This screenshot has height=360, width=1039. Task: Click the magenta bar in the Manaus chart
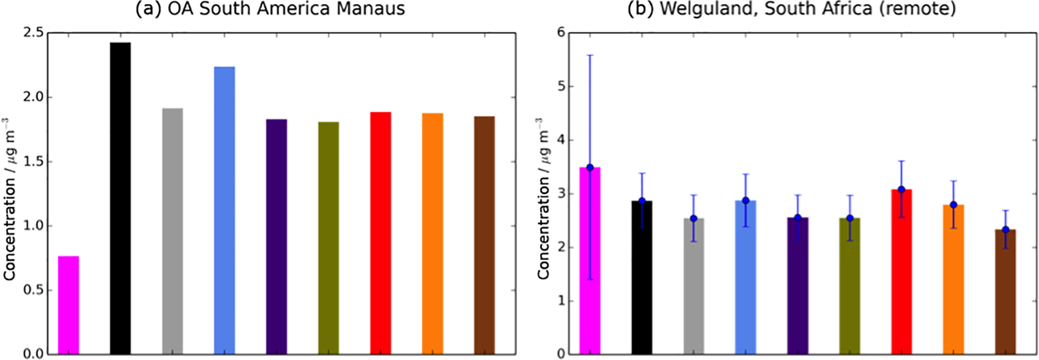coord(68,305)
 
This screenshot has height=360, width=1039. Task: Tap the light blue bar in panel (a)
coord(224,210)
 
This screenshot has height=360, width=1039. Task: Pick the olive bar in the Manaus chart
coord(328,238)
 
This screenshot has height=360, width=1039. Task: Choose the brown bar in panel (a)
coord(485,235)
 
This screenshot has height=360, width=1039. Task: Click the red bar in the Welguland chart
coord(902,272)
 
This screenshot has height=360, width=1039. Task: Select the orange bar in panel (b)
coord(953,279)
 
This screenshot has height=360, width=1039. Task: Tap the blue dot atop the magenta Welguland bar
coord(590,167)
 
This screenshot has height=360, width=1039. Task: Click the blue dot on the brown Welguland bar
coord(1005,230)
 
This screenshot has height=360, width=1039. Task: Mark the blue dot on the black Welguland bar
coord(642,201)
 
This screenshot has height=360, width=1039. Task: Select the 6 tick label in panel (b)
coord(561,33)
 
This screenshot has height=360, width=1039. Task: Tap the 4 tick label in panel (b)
coord(561,140)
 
